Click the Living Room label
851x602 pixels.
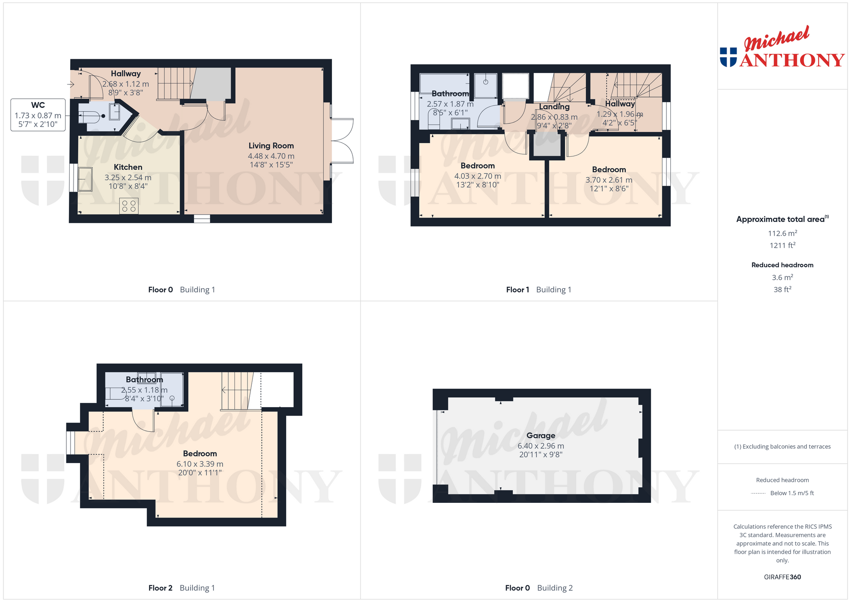pyautogui.click(x=271, y=146)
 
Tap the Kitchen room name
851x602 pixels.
pyautogui.click(x=128, y=167)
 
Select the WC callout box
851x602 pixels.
pyautogui.click(x=38, y=115)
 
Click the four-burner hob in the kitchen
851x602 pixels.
pyautogui.click(x=129, y=206)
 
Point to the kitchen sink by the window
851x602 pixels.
pyautogui.click(x=85, y=179)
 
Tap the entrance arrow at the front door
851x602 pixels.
pyautogui.click(x=71, y=85)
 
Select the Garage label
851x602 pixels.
pyautogui.click(x=541, y=436)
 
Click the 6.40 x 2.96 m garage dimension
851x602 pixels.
pyautogui.click(x=541, y=446)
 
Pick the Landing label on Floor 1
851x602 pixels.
pyautogui.click(x=554, y=107)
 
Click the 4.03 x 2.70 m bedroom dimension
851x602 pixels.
pyautogui.click(x=478, y=176)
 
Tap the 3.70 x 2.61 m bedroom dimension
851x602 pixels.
pyautogui.click(x=609, y=180)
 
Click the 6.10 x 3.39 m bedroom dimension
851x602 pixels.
pyautogui.click(x=200, y=464)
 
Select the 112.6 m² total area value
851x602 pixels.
pyautogui.click(x=782, y=233)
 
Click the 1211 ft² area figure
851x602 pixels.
pyautogui.click(x=782, y=245)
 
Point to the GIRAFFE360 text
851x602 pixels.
pyautogui.click(x=782, y=577)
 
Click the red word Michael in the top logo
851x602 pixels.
pyautogui.click(x=777, y=39)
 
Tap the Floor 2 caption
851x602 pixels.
pyautogui.click(x=161, y=588)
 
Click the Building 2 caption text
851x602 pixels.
pyautogui.click(x=555, y=588)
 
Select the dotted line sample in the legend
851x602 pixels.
pyautogui.click(x=758, y=493)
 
